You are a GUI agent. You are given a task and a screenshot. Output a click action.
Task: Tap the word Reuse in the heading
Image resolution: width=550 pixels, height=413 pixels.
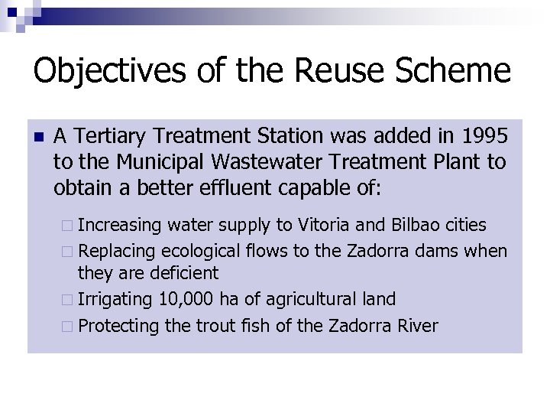329,71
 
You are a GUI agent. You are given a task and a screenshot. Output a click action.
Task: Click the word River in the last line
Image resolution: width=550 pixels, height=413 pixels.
417,326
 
